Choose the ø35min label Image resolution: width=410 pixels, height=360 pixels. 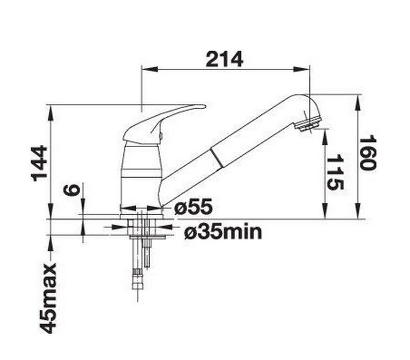223,232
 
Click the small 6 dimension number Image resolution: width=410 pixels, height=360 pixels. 73,190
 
